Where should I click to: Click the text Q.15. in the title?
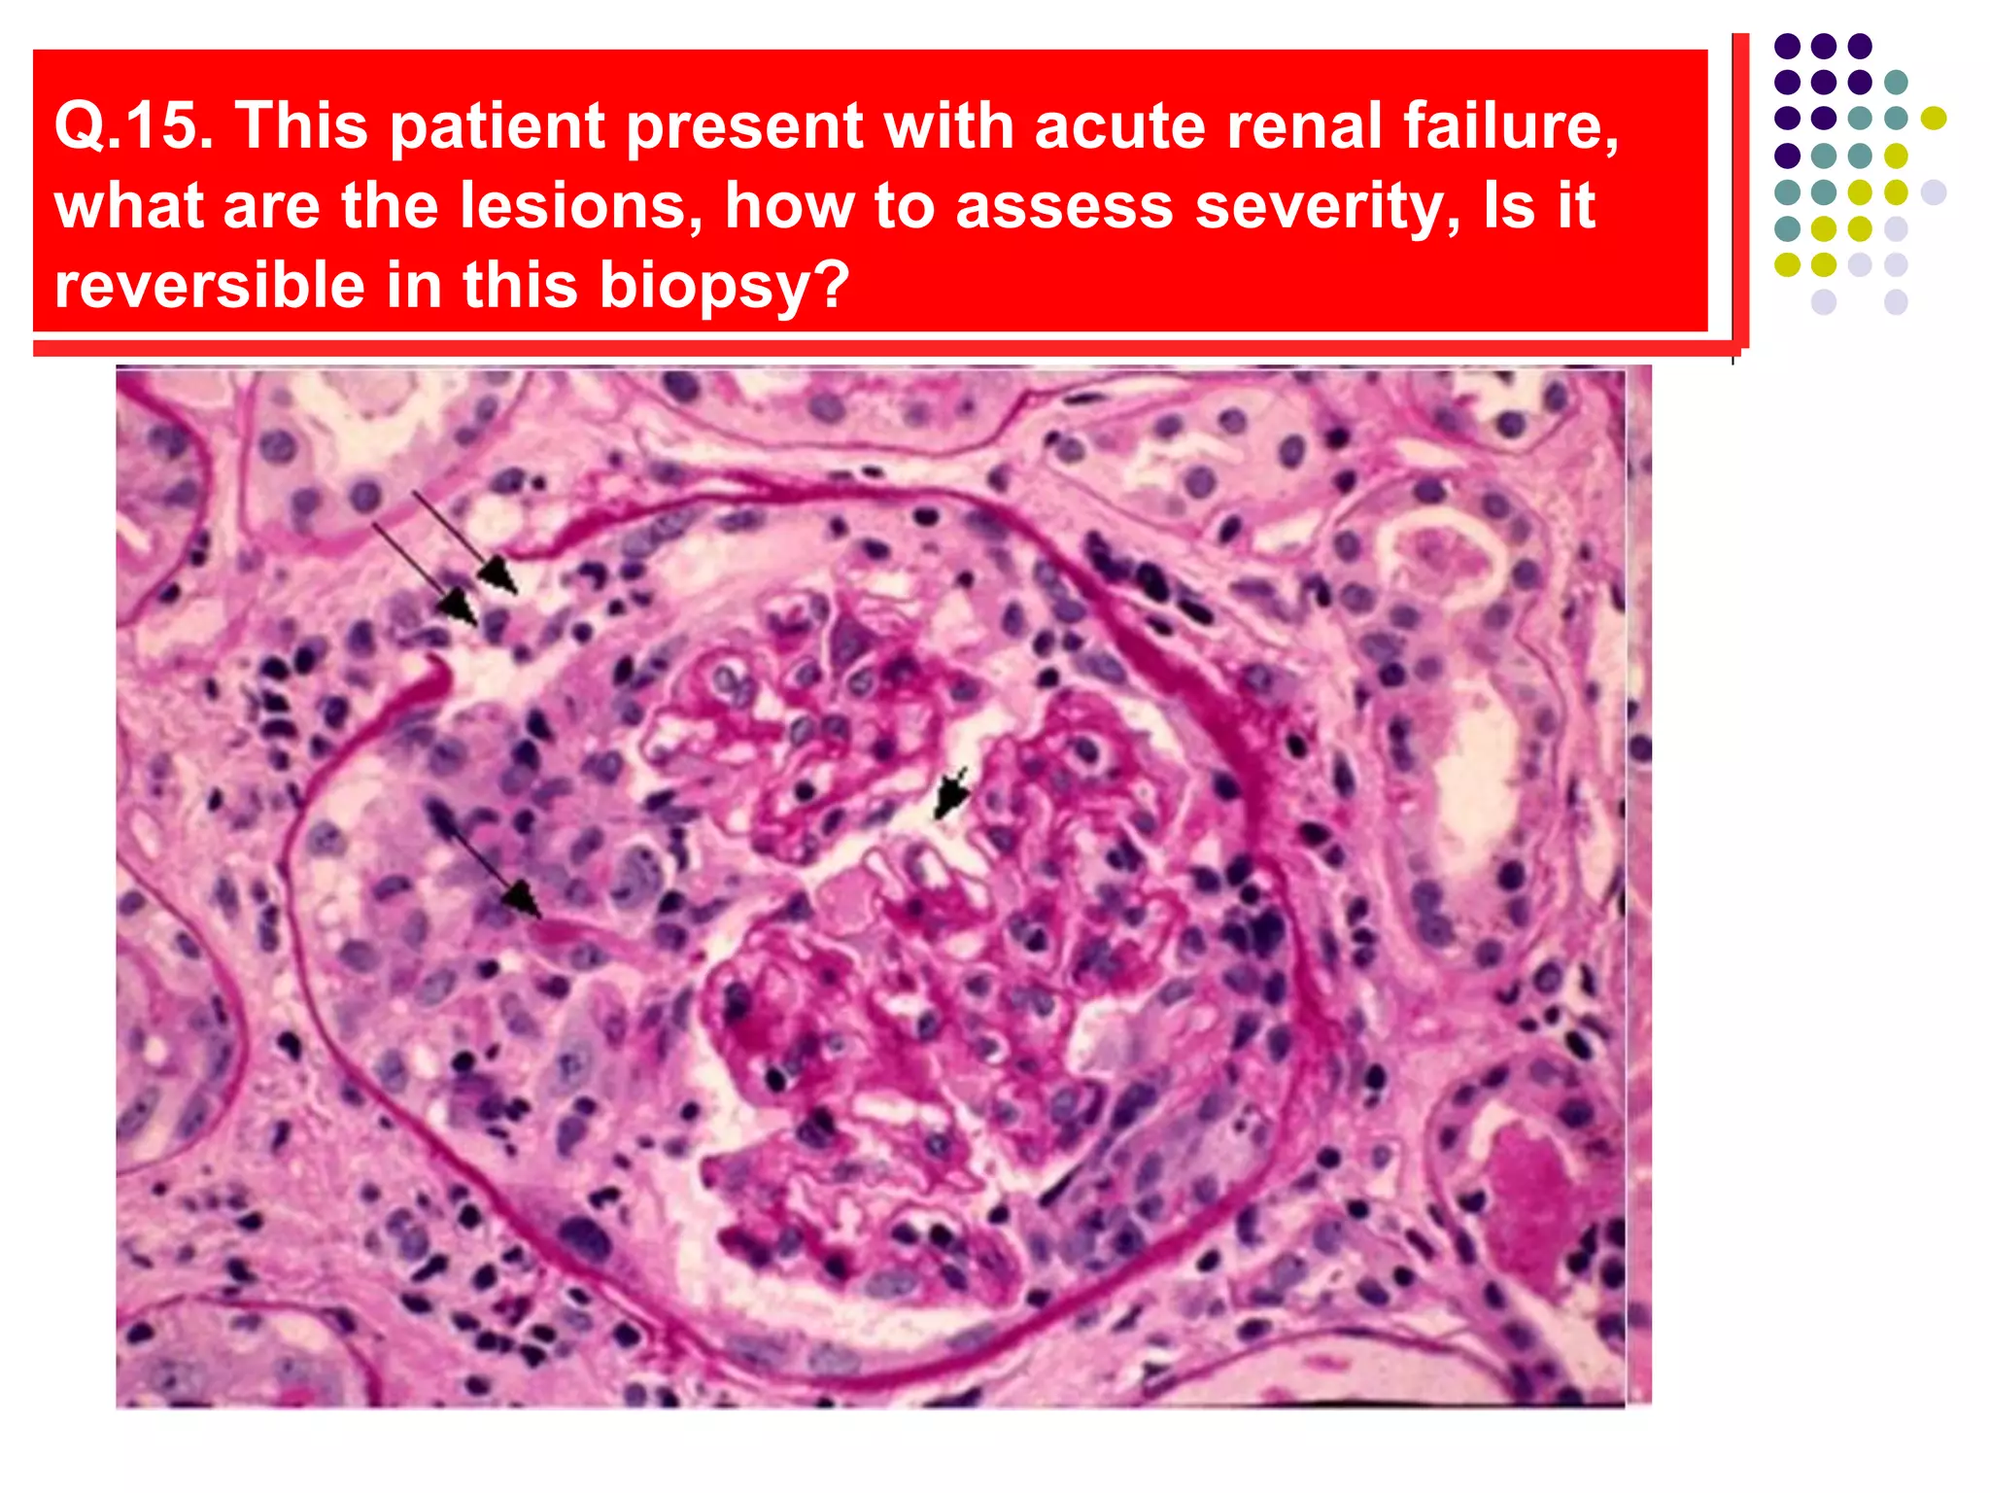tap(133, 125)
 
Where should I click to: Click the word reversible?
tap(210, 285)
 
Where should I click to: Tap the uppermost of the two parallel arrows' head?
tap(501, 577)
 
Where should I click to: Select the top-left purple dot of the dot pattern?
tap(1787, 46)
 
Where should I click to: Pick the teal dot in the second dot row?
tap(1896, 82)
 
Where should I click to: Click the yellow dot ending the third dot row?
tap(1934, 119)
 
